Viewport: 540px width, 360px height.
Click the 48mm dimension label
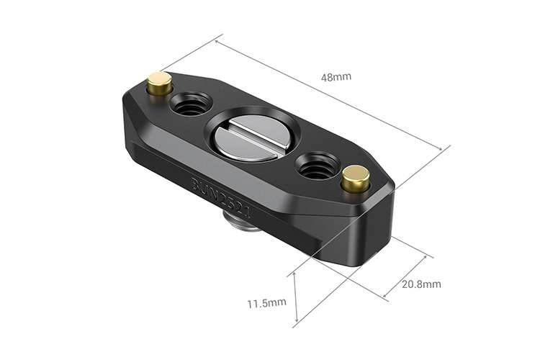337,76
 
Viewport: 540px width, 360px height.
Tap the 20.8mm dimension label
422,284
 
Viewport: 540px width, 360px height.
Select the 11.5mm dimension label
267,303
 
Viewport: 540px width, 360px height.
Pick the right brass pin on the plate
356,179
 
